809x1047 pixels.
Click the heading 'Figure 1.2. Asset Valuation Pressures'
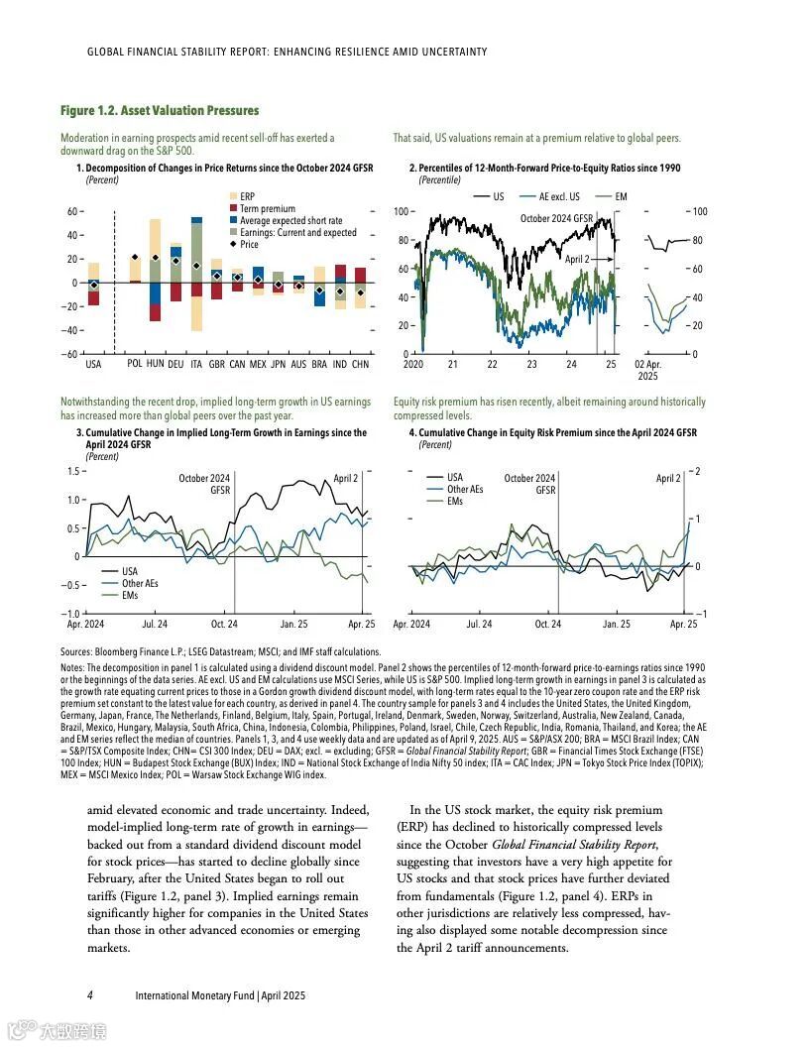[x=159, y=110]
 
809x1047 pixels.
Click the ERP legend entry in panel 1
[x=247, y=197]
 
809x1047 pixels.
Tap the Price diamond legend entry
[x=248, y=244]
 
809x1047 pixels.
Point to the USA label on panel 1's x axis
[x=93, y=365]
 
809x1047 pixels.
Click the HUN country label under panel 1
[x=155, y=365]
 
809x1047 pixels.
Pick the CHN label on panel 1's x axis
[x=360, y=365]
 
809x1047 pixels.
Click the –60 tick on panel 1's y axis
[x=69, y=354]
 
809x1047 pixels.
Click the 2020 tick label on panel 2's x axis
[x=413, y=365]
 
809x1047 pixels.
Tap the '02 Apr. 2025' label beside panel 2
[x=646, y=371]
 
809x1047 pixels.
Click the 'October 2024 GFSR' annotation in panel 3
[x=204, y=484]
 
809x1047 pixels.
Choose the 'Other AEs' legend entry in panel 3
[x=139, y=583]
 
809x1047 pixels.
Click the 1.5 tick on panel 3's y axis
[x=71, y=471]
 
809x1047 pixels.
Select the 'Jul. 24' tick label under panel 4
[x=479, y=625]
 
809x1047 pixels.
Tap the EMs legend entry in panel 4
[x=455, y=502]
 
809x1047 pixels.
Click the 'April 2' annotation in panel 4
[x=668, y=479]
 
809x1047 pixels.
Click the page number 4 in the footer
[x=89, y=994]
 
